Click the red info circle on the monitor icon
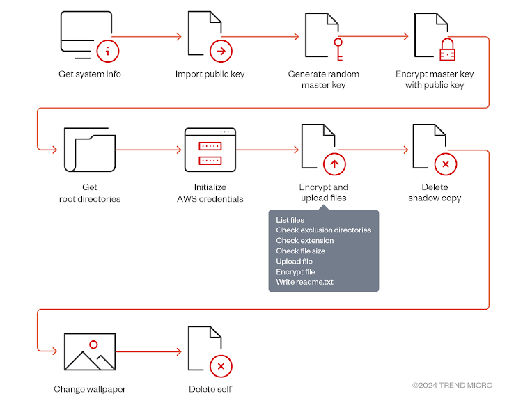click(108, 50)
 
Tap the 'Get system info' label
click(89, 74)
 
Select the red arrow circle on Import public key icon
click(221, 50)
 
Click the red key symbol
click(338, 49)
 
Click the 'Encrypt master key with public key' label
click(435, 79)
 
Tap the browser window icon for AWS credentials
click(210, 150)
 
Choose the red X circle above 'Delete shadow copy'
click(445, 164)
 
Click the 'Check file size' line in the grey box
click(300, 251)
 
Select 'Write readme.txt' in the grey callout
click(304, 282)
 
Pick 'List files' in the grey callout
click(290, 220)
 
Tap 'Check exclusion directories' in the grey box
click(323, 230)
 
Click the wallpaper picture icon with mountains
click(89, 352)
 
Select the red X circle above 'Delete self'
click(221, 365)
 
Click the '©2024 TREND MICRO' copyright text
click(452, 385)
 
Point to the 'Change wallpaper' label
click(89, 389)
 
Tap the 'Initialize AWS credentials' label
click(210, 193)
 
